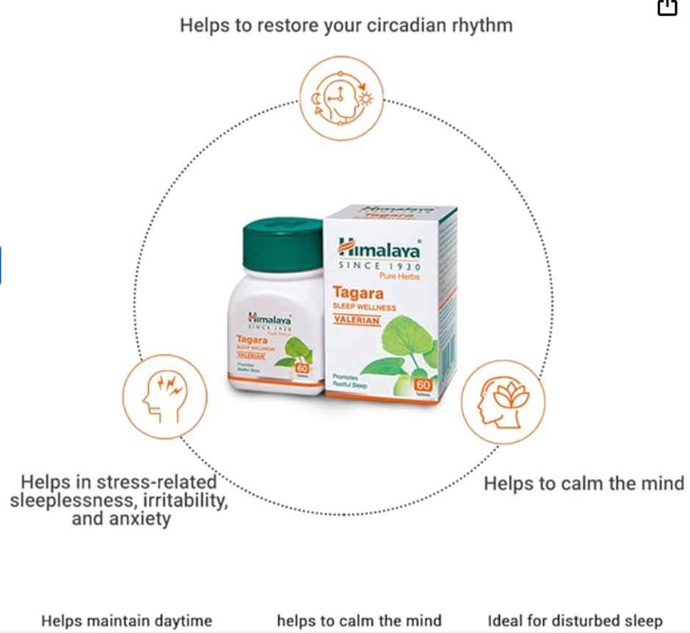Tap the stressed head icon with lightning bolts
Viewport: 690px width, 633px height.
pos(164,397)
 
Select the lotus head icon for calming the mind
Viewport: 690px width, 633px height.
pos(504,402)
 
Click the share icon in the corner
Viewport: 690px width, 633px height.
pos(667,7)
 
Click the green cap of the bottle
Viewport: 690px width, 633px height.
pos(283,243)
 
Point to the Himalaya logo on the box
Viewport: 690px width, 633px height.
pos(379,247)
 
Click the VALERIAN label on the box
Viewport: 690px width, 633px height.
pos(357,321)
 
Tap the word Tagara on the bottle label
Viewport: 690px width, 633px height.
pos(250,339)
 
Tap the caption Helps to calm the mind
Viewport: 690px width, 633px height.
pos(584,484)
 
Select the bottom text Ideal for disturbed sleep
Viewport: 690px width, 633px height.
pos(575,621)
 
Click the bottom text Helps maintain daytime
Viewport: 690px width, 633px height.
pos(126,621)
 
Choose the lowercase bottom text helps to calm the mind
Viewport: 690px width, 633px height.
pos(359,621)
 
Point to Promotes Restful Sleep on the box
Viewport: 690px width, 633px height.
pos(350,380)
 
